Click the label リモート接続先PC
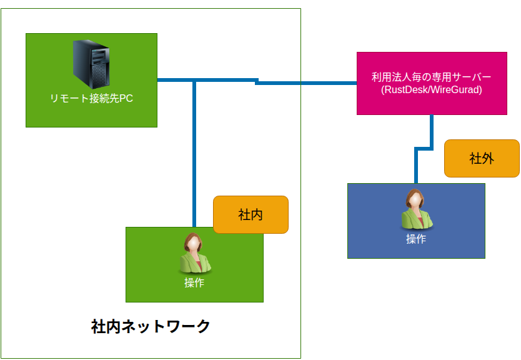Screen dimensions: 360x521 pos(91,99)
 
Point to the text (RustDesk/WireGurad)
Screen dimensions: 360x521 pos(431,90)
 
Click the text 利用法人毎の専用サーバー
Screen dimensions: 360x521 pos(431,77)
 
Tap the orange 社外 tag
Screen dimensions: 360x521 pos(482,158)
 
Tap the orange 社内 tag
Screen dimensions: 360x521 pos(251,214)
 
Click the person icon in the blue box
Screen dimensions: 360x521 pos(416,210)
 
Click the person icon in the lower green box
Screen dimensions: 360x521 pos(194,254)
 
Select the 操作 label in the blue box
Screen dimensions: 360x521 pos(416,239)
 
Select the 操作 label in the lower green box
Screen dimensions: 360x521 pos(194,282)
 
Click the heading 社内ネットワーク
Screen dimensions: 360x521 pos(151,326)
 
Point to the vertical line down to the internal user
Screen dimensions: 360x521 pos(195,156)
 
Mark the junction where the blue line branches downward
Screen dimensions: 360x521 pos(195,80)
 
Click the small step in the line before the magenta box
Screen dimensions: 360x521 pos(257,81)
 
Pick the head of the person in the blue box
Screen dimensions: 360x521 pos(415,199)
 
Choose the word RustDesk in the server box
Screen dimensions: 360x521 pos(406,90)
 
